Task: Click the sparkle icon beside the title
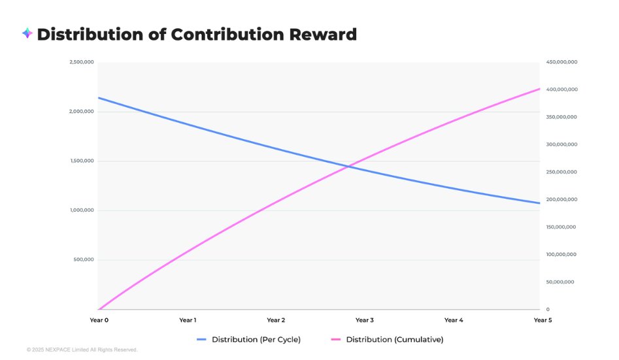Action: click(x=27, y=33)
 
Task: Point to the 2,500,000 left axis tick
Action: click(x=82, y=62)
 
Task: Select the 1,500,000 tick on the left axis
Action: click(x=82, y=161)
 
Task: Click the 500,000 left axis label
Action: click(x=84, y=259)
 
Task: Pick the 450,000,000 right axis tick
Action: click(x=561, y=62)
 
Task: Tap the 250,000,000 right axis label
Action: click(x=561, y=172)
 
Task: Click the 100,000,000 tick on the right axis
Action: click(x=561, y=254)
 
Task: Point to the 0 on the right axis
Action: click(x=548, y=309)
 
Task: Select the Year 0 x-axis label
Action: click(x=99, y=320)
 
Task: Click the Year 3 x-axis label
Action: click(x=364, y=320)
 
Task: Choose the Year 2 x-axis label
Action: click(x=276, y=320)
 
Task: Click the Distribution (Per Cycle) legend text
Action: click(x=256, y=340)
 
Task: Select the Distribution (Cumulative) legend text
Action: click(x=395, y=340)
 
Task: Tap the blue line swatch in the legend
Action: click(x=201, y=340)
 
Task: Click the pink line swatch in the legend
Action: click(x=336, y=340)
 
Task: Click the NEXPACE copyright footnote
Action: click(x=82, y=350)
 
